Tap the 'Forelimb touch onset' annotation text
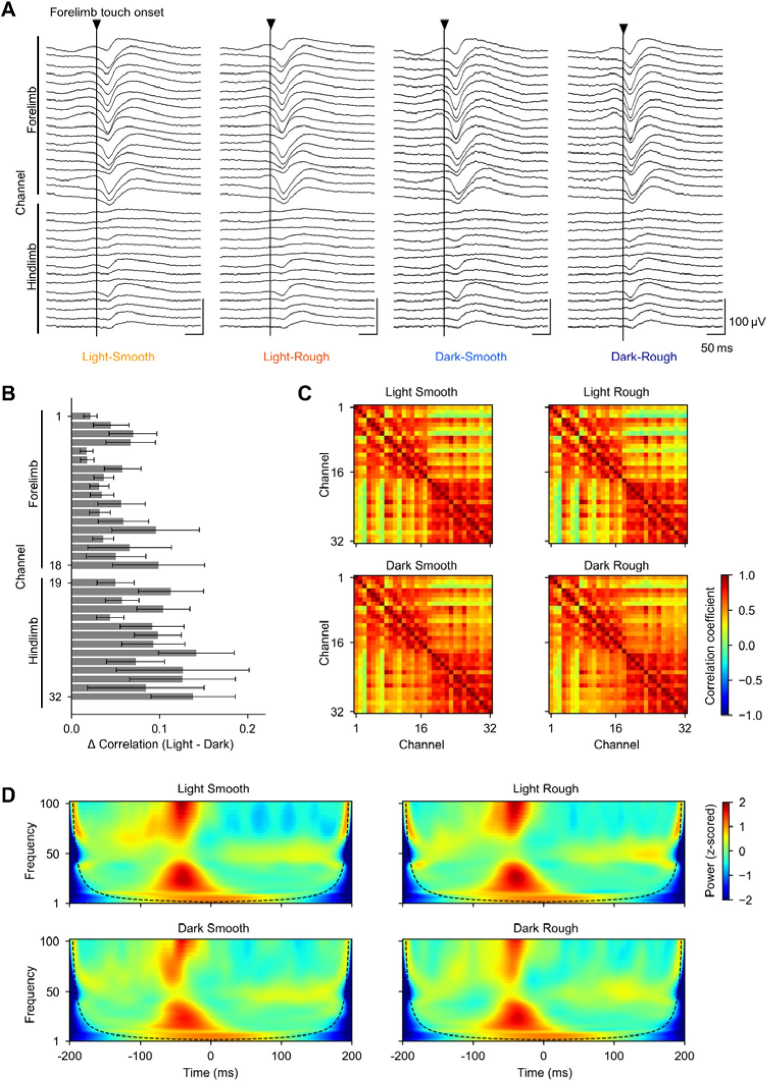pyautogui.click(x=107, y=12)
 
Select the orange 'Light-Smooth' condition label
pyautogui.click(x=118, y=357)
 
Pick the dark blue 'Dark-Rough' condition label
pyautogui.click(x=644, y=357)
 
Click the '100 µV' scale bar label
pyautogui.click(x=747, y=322)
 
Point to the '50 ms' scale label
pyautogui.click(x=716, y=348)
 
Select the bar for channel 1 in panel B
pyautogui.click(x=81, y=416)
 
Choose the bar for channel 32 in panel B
pyautogui.click(x=132, y=696)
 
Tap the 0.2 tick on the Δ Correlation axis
pyautogui.click(x=248, y=728)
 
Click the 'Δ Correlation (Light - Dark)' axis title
pyautogui.click(x=161, y=744)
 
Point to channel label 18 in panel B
pyautogui.click(x=56, y=565)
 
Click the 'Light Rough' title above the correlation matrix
pyautogui.click(x=616, y=392)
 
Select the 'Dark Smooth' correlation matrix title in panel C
pyautogui.click(x=421, y=565)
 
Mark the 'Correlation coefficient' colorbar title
pyautogui.click(x=710, y=646)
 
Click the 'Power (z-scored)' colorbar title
pyautogui.click(x=710, y=851)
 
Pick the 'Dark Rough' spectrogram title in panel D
pyautogui.click(x=546, y=928)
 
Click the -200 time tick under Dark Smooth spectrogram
pyautogui.click(x=70, y=1055)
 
